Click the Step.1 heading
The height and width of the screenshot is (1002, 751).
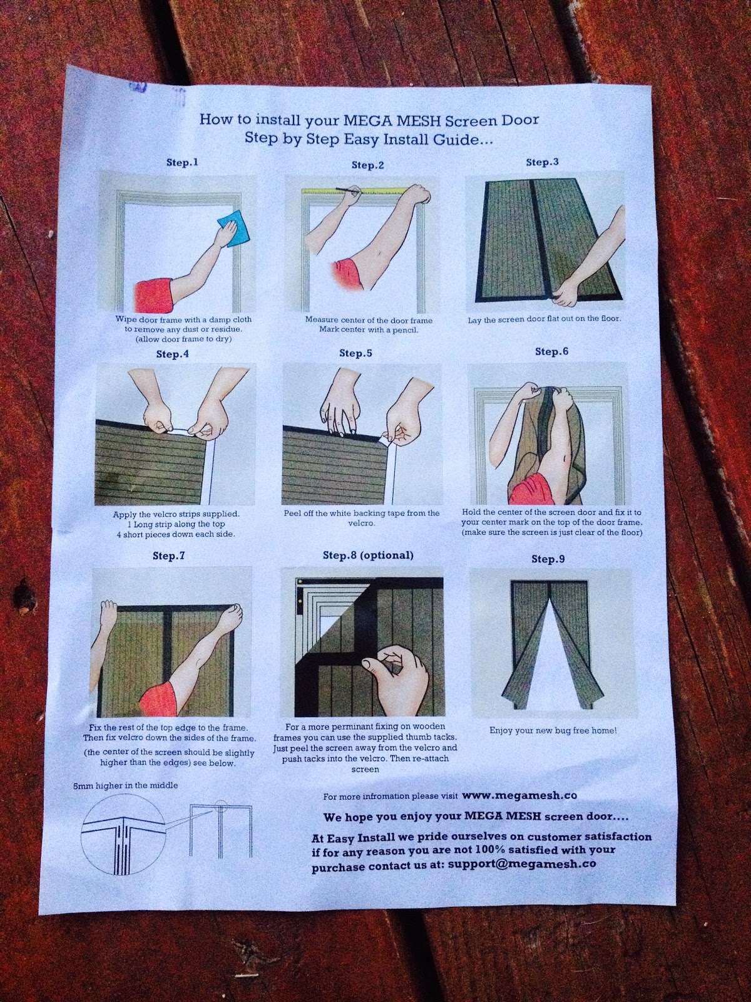tap(182, 162)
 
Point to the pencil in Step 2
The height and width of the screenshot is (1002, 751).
tap(349, 190)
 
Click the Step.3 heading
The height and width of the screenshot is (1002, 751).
tap(542, 162)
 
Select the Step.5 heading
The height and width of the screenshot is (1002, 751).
tap(355, 353)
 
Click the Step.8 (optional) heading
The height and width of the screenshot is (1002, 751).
tap(368, 555)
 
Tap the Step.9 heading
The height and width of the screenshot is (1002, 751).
tap(548, 559)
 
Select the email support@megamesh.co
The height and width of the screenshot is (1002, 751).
tap(522, 864)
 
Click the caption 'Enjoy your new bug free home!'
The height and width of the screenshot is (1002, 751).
tap(553, 730)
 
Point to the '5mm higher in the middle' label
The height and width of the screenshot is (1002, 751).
tap(125, 785)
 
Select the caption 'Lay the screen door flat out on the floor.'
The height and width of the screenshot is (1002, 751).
tap(544, 319)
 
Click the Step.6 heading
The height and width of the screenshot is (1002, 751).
tap(552, 351)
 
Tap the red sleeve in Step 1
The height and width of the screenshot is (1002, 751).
tap(153, 296)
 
